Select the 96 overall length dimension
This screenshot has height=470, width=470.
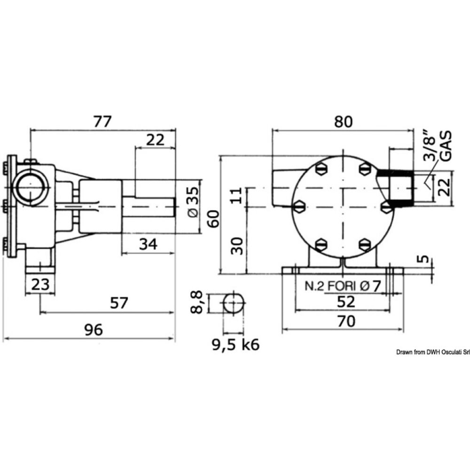pyautogui.click(x=93, y=330)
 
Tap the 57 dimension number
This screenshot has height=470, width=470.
pyautogui.click(x=119, y=303)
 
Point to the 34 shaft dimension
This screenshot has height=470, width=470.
pyautogui.click(x=149, y=244)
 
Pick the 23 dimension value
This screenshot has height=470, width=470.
pyautogui.click(x=40, y=284)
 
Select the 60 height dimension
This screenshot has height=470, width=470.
pyautogui.click(x=214, y=219)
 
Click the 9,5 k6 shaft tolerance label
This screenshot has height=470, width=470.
pyautogui.click(x=235, y=345)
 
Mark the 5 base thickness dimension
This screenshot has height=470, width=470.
pyautogui.click(x=425, y=259)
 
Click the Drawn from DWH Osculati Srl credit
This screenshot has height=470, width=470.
pyautogui.click(x=432, y=352)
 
